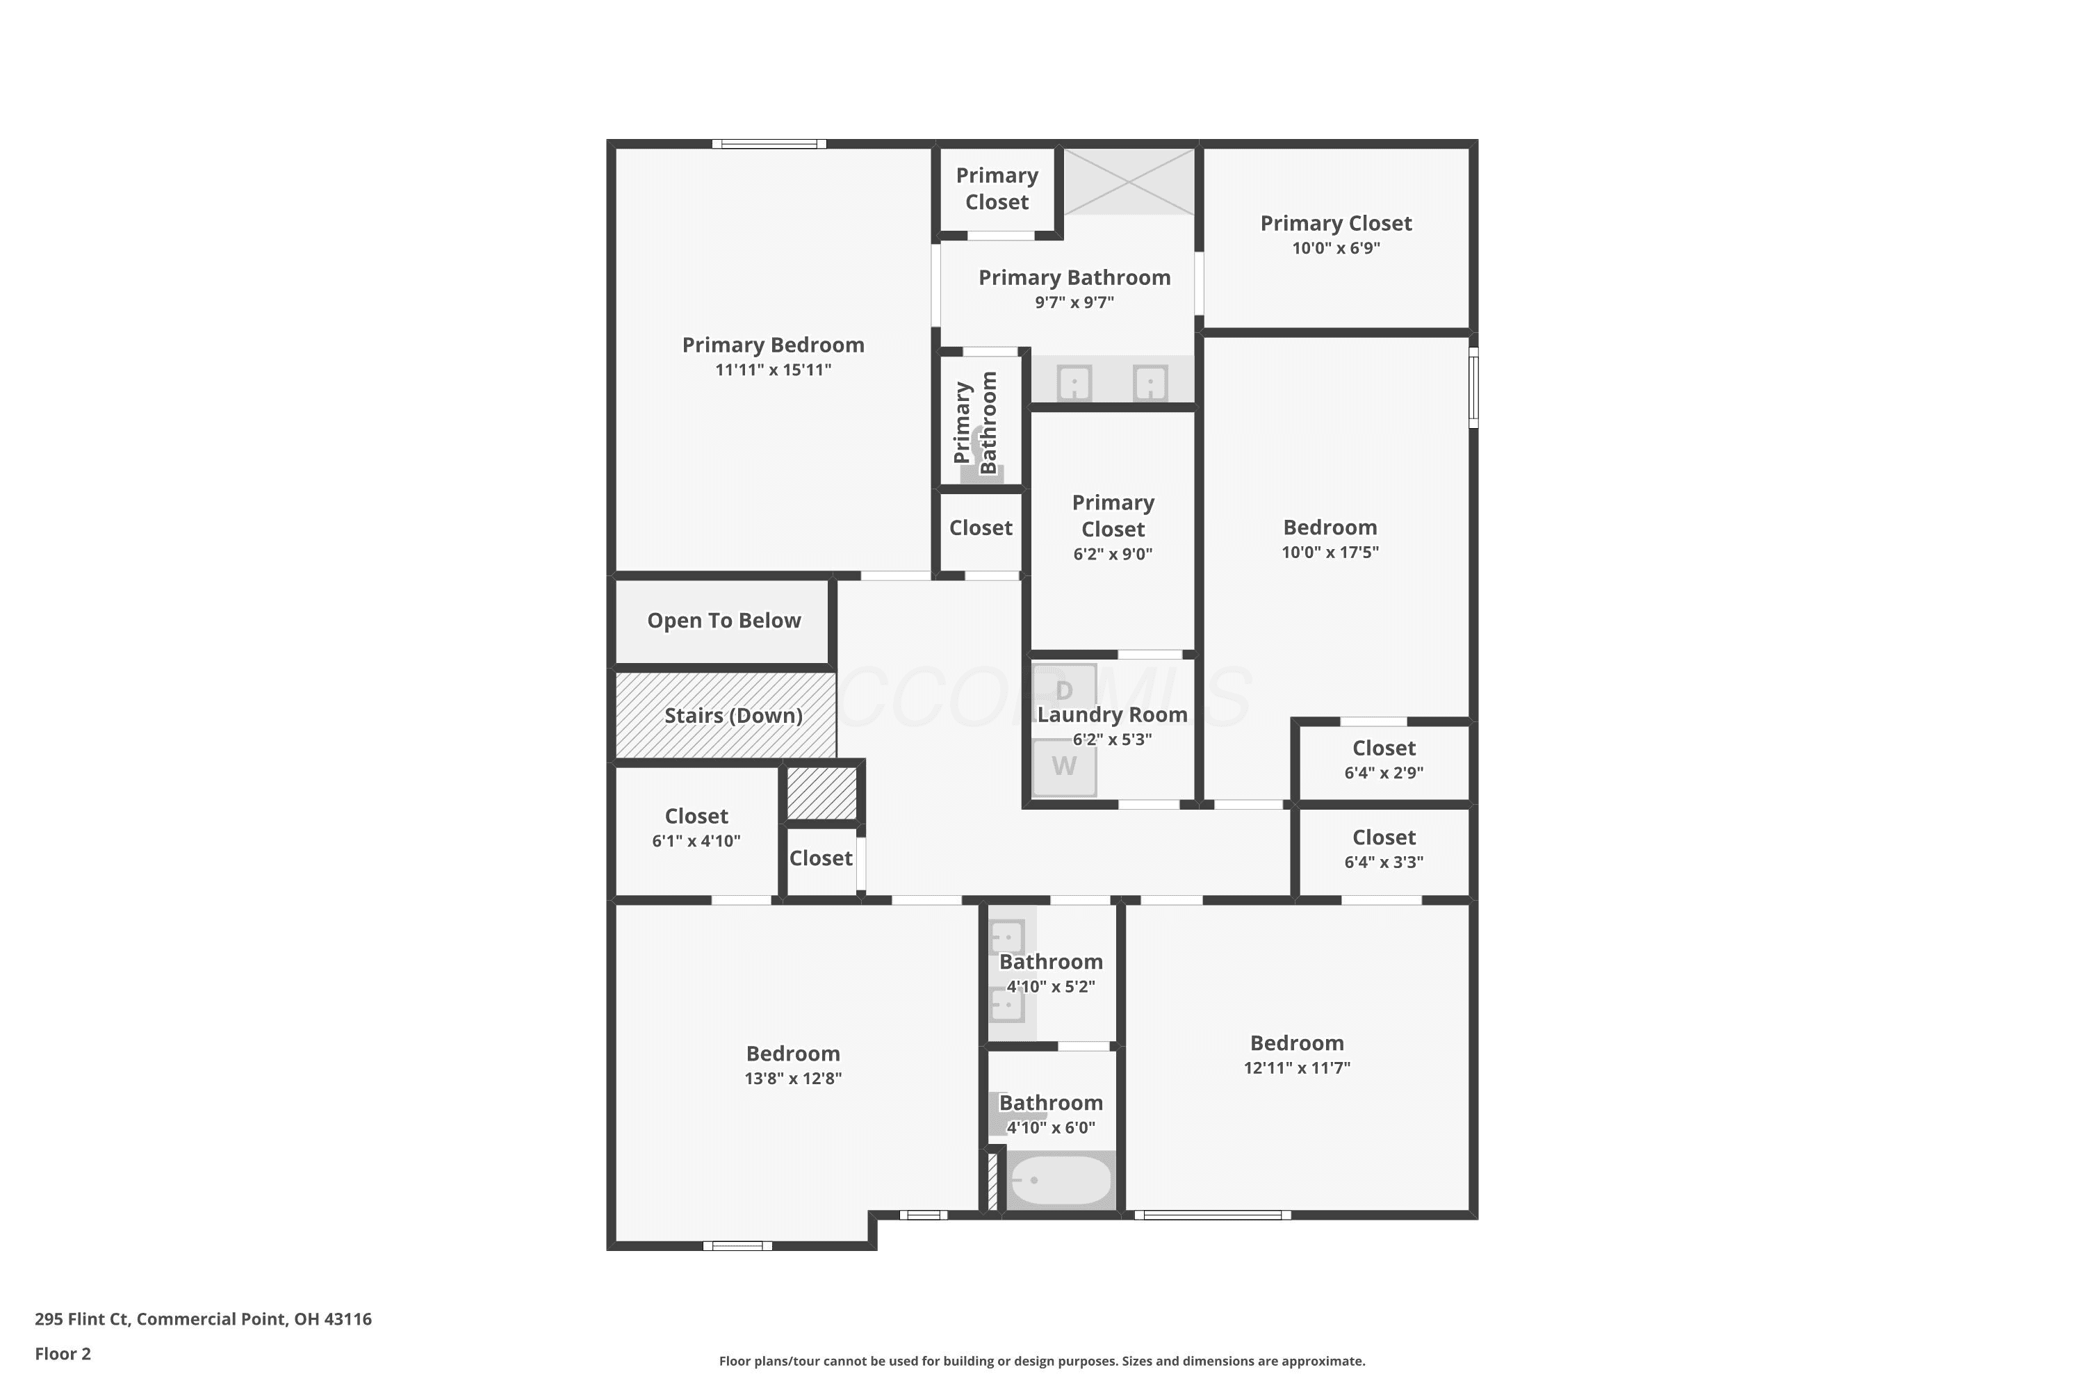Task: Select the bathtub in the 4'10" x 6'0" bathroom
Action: [x=1061, y=1180]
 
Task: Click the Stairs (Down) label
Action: [x=734, y=715]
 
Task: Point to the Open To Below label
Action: [x=724, y=621]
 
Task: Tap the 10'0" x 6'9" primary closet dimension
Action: [x=1336, y=248]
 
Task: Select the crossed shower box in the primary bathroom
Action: [x=1129, y=181]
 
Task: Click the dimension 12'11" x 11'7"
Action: [x=1297, y=1068]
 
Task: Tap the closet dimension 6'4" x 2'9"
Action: [x=1384, y=773]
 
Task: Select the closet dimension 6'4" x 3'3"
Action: [x=1384, y=862]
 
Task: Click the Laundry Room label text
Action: [x=1113, y=714]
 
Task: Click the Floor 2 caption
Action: [x=63, y=1354]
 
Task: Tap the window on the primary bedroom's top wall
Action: [x=769, y=144]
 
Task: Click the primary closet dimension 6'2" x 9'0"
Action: [x=1113, y=555]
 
